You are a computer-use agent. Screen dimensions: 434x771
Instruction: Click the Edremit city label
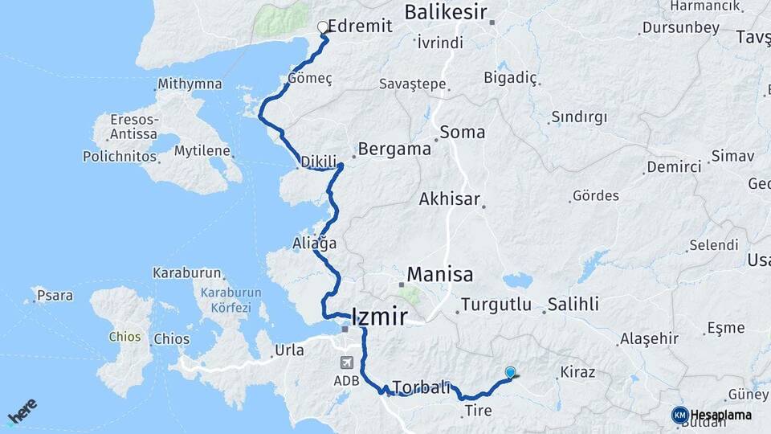click(x=361, y=26)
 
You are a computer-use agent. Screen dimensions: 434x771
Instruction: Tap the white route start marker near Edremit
click(x=323, y=27)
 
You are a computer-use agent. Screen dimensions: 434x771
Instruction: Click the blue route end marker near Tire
click(x=511, y=372)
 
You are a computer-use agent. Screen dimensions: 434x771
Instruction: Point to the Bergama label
click(x=394, y=149)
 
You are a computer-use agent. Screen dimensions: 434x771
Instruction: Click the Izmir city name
click(x=380, y=316)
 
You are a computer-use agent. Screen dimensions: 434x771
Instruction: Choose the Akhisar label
click(x=449, y=199)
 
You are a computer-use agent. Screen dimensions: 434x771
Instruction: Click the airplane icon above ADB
click(x=346, y=362)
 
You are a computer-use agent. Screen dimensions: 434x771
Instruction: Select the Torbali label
click(x=422, y=387)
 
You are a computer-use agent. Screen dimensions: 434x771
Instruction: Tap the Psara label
click(x=55, y=296)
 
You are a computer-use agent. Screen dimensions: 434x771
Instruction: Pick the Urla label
click(x=290, y=350)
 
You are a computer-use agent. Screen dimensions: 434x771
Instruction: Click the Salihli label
click(x=573, y=305)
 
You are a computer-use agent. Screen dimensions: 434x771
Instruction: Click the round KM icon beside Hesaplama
click(x=679, y=415)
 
